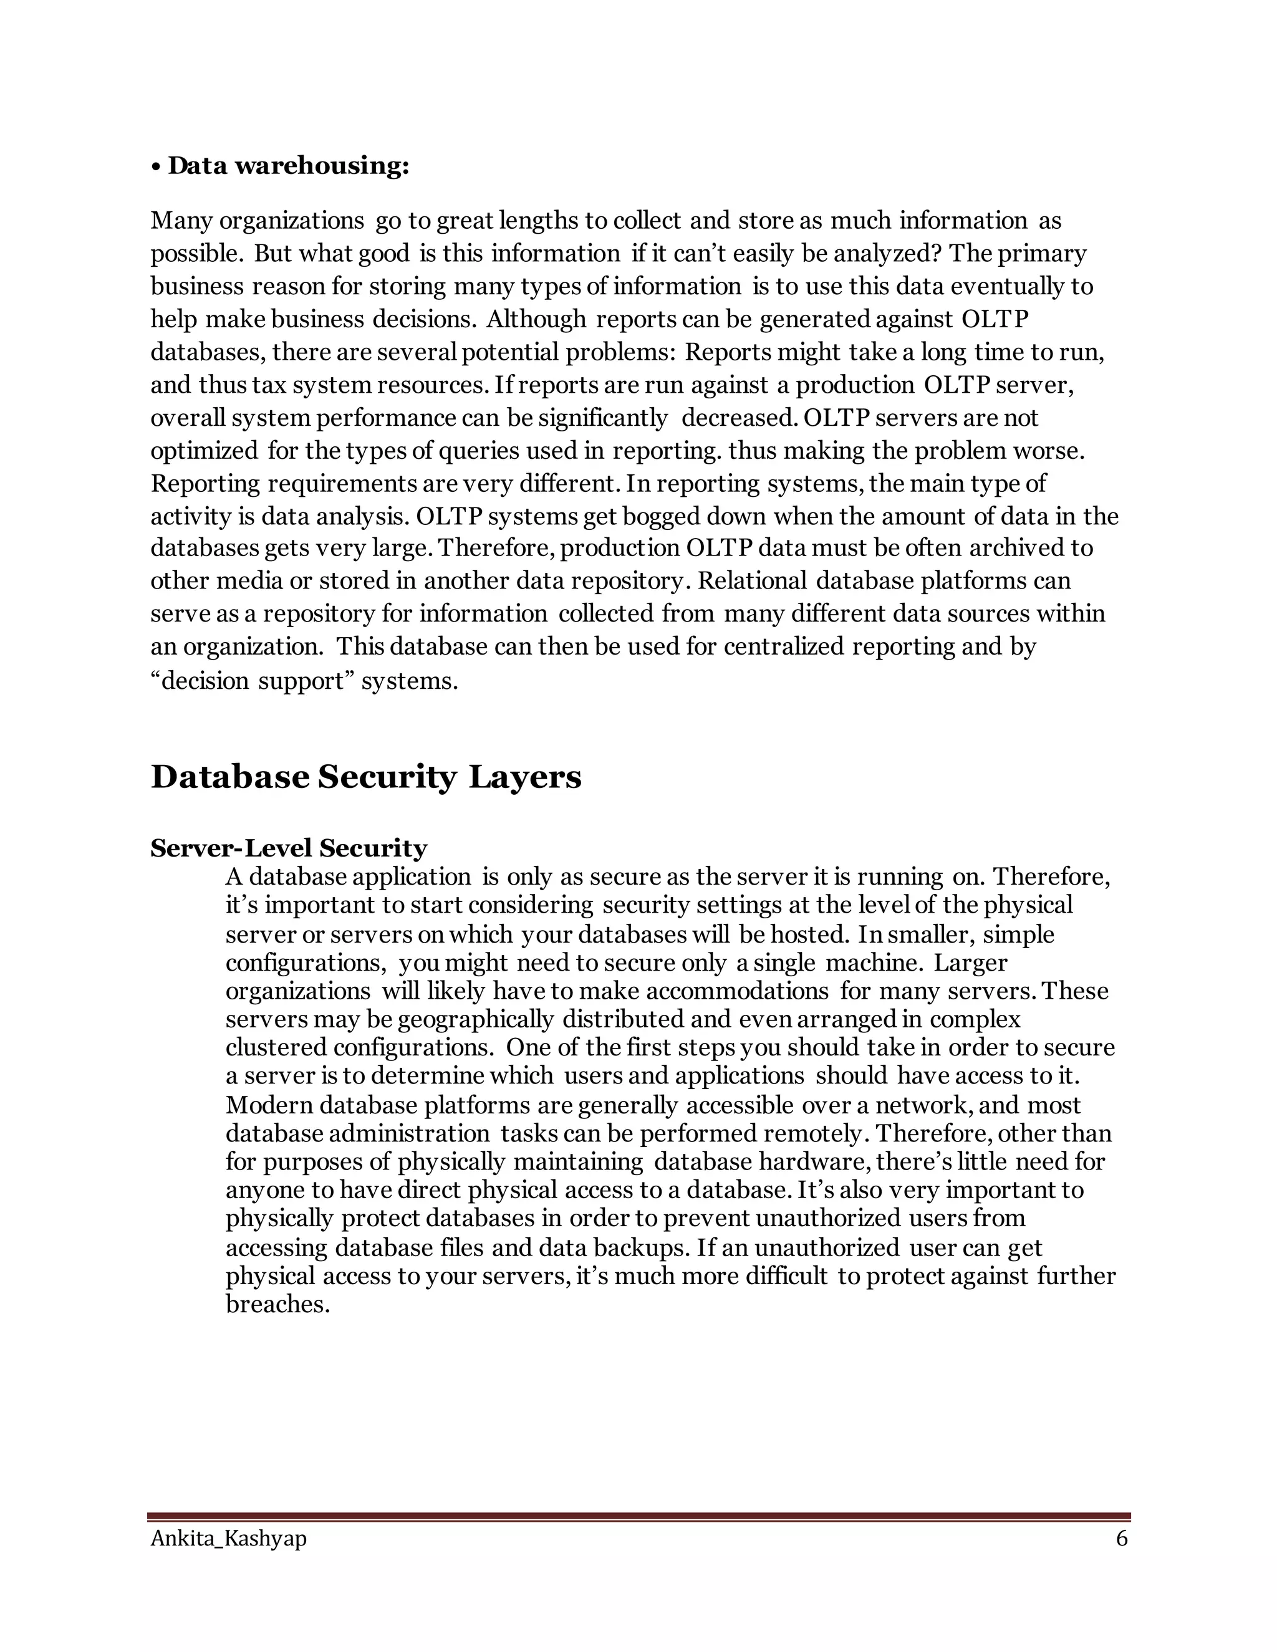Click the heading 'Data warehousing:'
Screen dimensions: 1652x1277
tap(288, 166)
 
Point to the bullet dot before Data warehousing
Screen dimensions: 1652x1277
tap(155, 166)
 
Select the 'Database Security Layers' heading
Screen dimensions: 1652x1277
tap(365, 777)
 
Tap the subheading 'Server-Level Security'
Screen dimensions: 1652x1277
tap(288, 848)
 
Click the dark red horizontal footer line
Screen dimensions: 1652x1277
tap(638, 1516)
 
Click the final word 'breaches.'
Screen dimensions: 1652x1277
tap(277, 1305)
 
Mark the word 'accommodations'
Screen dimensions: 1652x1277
tap(737, 992)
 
